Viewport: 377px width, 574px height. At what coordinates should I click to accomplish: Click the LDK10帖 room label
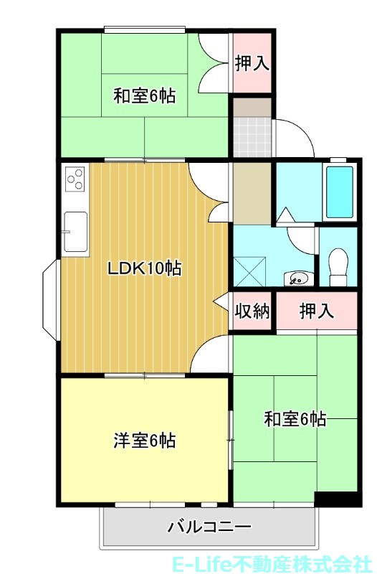tap(144, 269)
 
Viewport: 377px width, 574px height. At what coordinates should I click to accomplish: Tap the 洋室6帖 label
tap(145, 440)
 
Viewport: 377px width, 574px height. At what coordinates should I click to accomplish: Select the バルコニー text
tap(209, 527)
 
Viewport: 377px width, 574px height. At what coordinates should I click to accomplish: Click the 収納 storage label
tap(252, 311)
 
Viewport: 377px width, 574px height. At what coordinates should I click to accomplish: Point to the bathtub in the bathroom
tap(339, 192)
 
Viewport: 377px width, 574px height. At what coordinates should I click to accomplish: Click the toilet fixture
tap(338, 266)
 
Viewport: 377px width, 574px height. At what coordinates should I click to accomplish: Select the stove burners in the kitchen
tap(75, 178)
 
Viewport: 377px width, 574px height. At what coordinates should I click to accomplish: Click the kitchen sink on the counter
tap(75, 232)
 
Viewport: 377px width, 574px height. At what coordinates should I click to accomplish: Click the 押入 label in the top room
tap(252, 62)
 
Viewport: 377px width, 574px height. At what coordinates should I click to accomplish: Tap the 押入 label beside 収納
tap(317, 311)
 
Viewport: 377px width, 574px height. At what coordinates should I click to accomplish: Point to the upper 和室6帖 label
tap(145, 95)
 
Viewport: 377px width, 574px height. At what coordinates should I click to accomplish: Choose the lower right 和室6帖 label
tap(295, 418)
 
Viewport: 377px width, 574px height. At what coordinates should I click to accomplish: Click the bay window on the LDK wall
tap(50, 298)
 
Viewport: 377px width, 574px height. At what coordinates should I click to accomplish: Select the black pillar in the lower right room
tap(335, 499)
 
